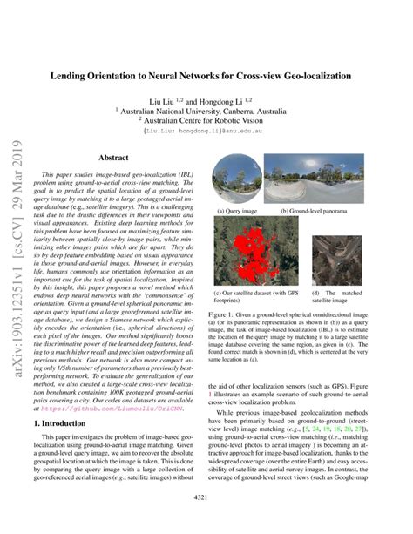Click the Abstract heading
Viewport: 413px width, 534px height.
113,158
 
